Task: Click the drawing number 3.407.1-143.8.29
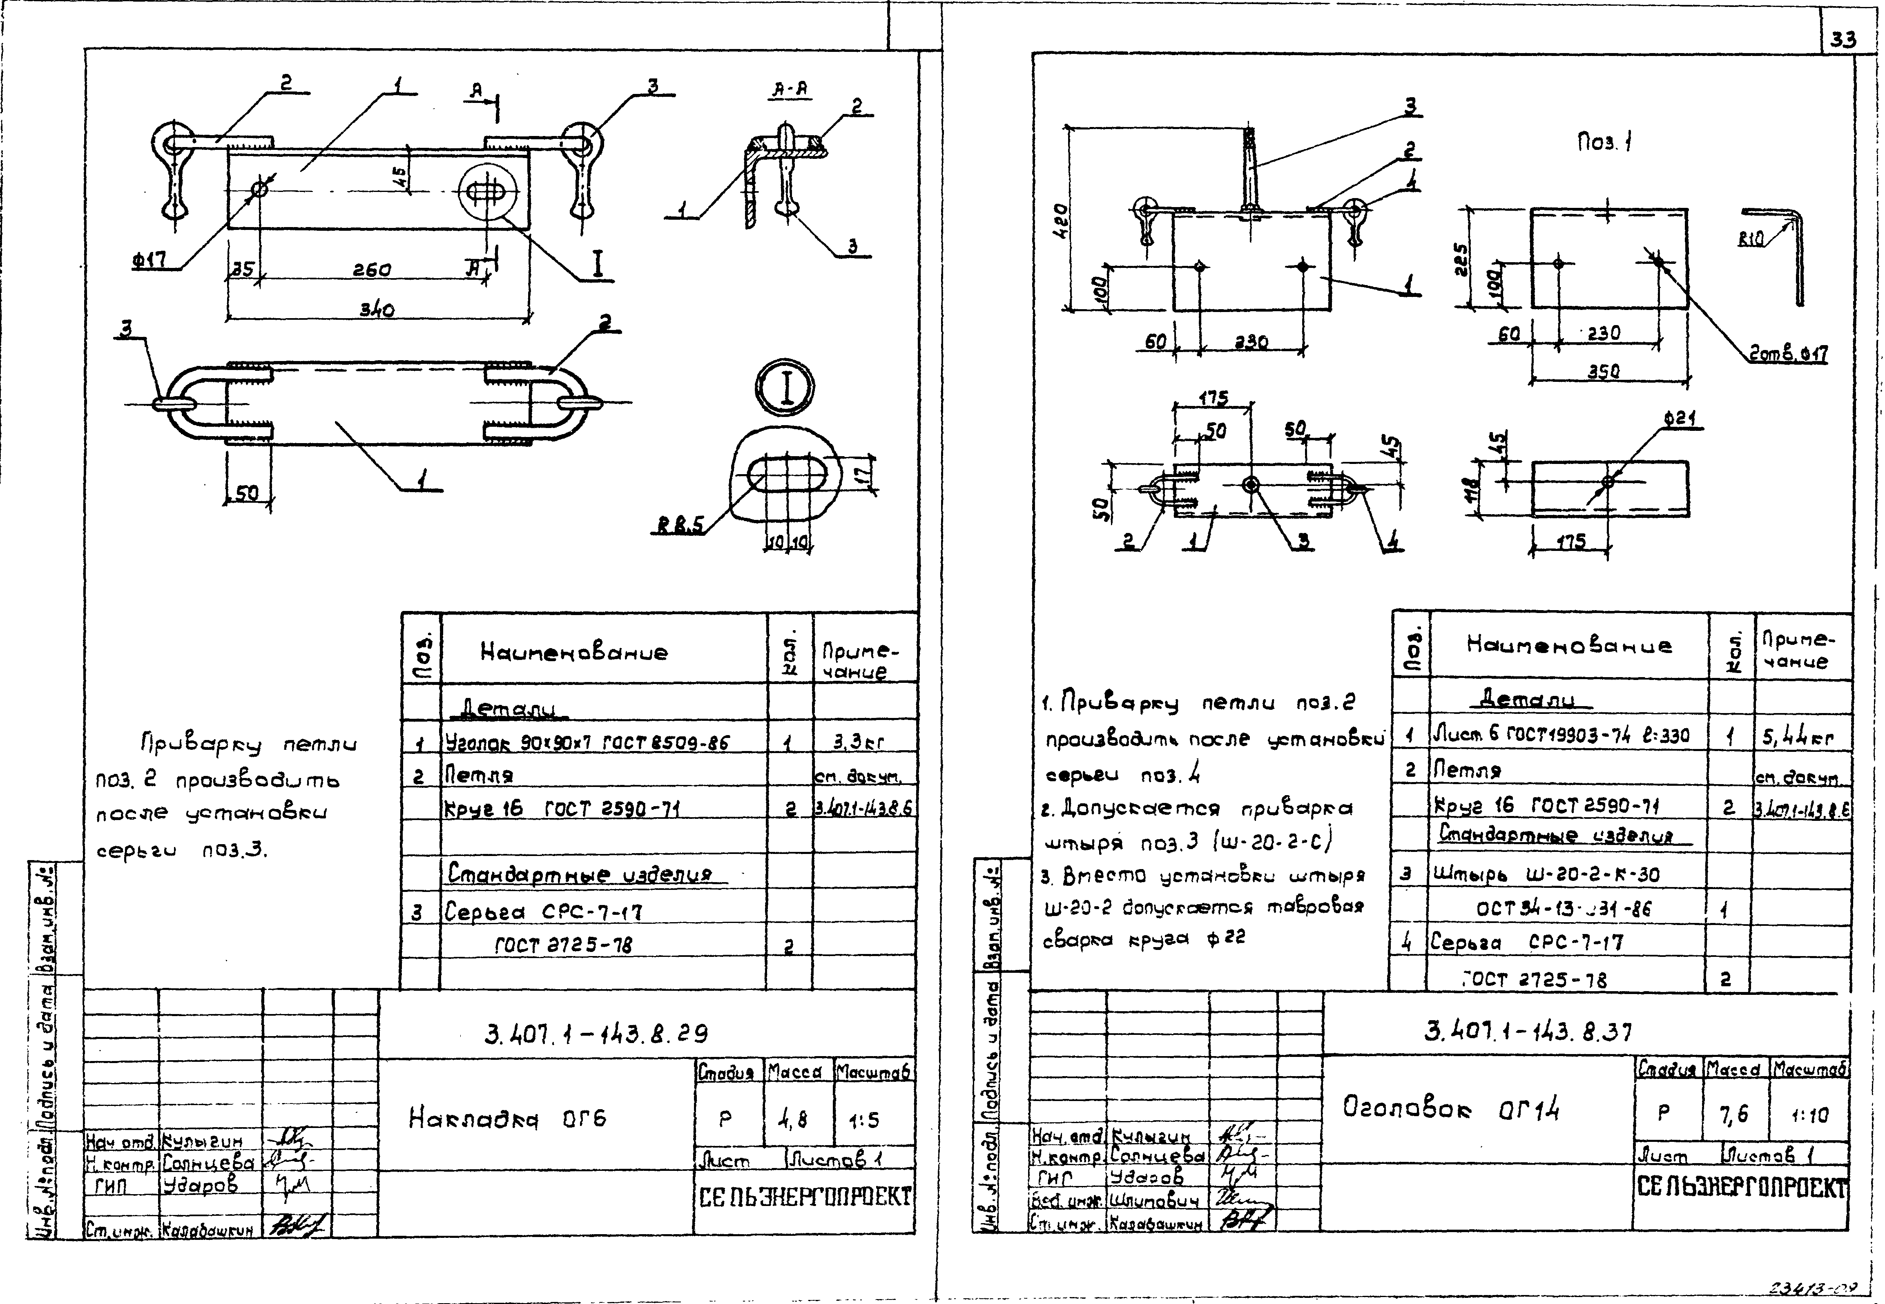pos(596,1034)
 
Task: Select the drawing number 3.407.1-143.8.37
pos(1528,1032)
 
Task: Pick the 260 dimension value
pos(372,270)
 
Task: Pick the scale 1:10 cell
pos(1808,1115)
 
